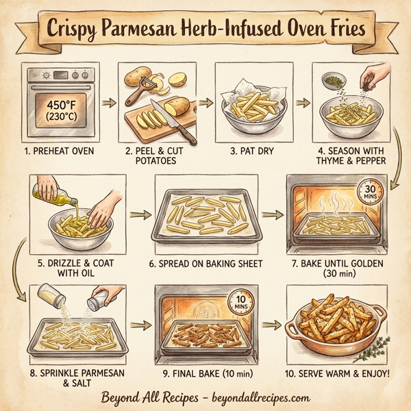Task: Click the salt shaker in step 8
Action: (x=100, y=299)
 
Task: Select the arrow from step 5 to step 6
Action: (x=140, y=213)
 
